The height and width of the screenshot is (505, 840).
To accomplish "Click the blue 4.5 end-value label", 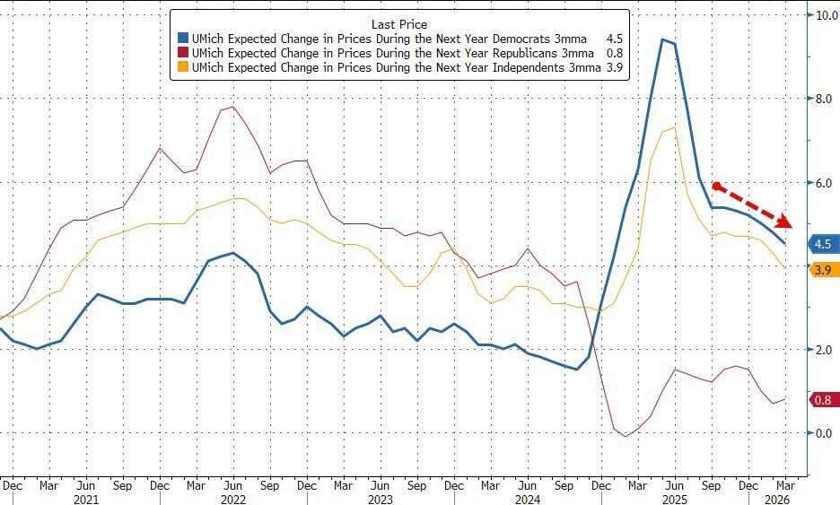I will (x=823, y=244).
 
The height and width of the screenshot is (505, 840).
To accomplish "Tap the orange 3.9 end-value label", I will (x=823, y=269).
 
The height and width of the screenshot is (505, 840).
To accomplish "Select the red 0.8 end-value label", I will (x=823, y=400).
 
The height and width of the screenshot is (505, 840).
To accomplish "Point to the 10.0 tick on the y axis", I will (x=824, y=15).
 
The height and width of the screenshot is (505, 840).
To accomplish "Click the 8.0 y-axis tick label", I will (x=824, y=99).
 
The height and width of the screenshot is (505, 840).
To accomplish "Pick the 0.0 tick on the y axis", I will (x=824, y=433).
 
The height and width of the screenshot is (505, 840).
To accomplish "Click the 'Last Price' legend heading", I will (x=399, y=23).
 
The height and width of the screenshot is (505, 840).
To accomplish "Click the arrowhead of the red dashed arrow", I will (x=784, y=221).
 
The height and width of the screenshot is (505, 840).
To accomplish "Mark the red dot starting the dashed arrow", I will (x=716, y=187).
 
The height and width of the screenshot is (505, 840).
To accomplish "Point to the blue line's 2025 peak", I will (x=662, y=39).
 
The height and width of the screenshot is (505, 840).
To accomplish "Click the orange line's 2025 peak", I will (x=673, y=127).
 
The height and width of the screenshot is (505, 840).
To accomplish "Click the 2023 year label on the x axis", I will (x=379, y=499).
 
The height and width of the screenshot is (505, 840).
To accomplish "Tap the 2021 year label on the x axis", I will (x=85, y=499).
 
